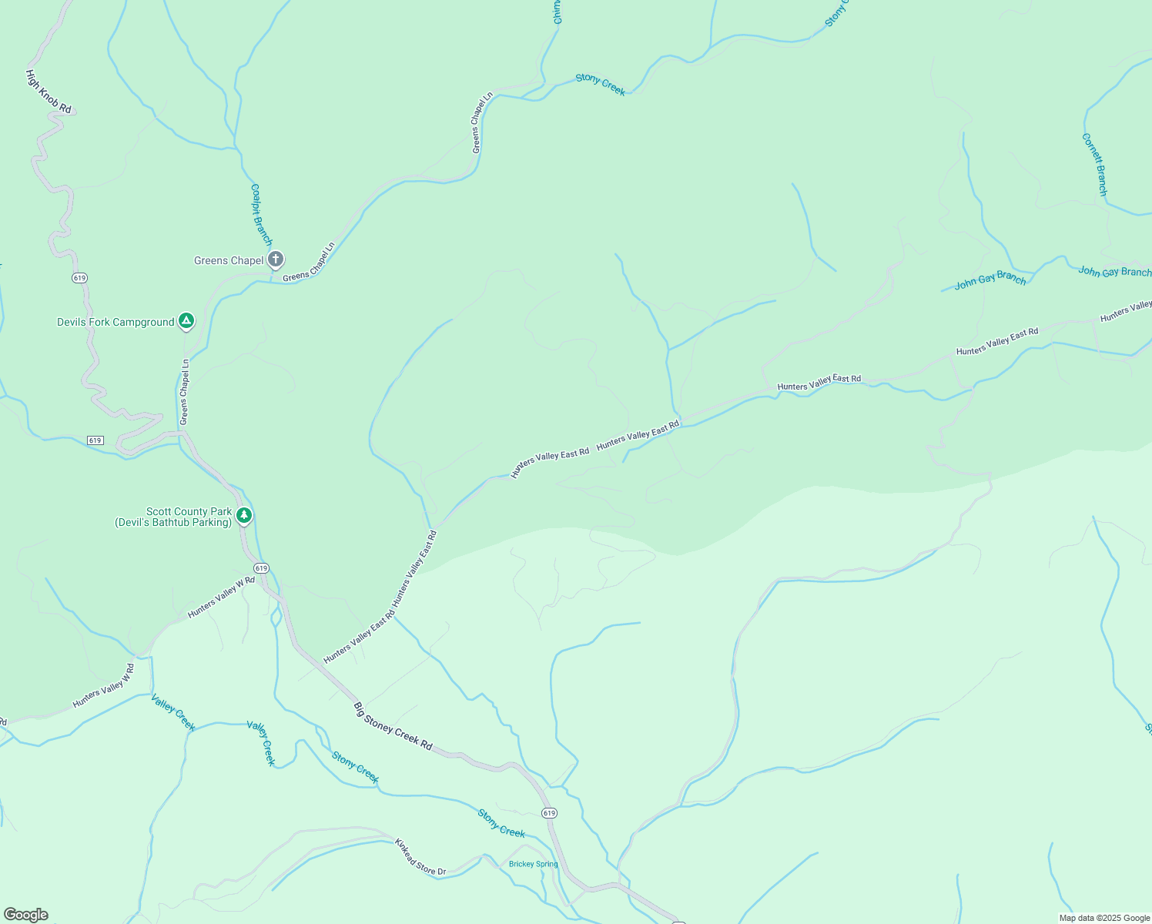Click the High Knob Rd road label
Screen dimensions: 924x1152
(48, 92)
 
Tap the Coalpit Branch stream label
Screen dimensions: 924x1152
(261, 214)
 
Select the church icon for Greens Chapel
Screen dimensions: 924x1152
(276, 259)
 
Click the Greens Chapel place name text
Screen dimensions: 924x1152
(229, 261)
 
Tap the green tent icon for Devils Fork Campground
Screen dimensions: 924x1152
(186, 321)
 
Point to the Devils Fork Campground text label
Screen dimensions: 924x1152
(116, 323)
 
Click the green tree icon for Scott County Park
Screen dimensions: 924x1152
(244, 515)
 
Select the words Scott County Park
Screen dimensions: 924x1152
(189, 512)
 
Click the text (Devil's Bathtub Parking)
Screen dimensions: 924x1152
(173, 523)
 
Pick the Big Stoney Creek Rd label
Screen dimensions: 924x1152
(393, 726)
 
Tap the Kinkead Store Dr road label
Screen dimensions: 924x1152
(420, 857)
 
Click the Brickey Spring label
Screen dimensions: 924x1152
(533, 864)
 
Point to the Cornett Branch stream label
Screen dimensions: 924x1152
(1094, 164)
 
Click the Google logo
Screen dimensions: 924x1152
(25, 915)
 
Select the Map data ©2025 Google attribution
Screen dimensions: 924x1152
(1104, 918)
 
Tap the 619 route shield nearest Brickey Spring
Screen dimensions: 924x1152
(548, 813)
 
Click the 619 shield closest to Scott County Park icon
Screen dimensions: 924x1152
(261, 568)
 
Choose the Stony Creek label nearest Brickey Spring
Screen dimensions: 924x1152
(501, 823)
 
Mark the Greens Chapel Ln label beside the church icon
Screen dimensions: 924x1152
(309, 263)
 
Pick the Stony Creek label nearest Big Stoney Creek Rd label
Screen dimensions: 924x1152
(355, 767)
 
